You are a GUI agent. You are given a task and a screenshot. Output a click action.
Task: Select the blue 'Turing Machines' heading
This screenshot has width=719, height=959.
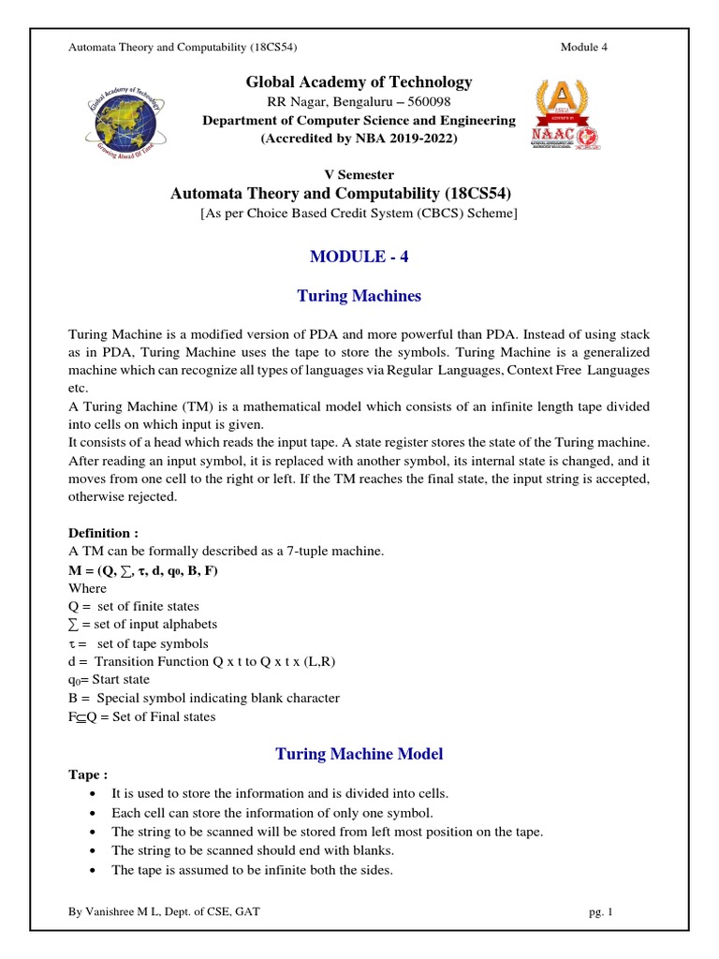359,296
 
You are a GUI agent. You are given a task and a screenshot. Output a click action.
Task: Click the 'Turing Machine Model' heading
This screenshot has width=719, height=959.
359,753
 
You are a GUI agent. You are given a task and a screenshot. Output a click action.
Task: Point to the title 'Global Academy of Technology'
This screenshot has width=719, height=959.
359,82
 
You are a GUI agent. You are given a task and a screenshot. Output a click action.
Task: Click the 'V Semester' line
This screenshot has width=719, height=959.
359,174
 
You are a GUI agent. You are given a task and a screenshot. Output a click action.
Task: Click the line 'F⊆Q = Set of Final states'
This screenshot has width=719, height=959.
142,716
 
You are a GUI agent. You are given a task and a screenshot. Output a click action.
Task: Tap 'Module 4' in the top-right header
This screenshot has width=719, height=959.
584,48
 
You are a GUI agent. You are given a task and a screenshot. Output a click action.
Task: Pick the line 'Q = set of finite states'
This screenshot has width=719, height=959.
134,606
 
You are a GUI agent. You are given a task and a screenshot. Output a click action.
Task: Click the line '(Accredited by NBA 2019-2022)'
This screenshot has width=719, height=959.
359,139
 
